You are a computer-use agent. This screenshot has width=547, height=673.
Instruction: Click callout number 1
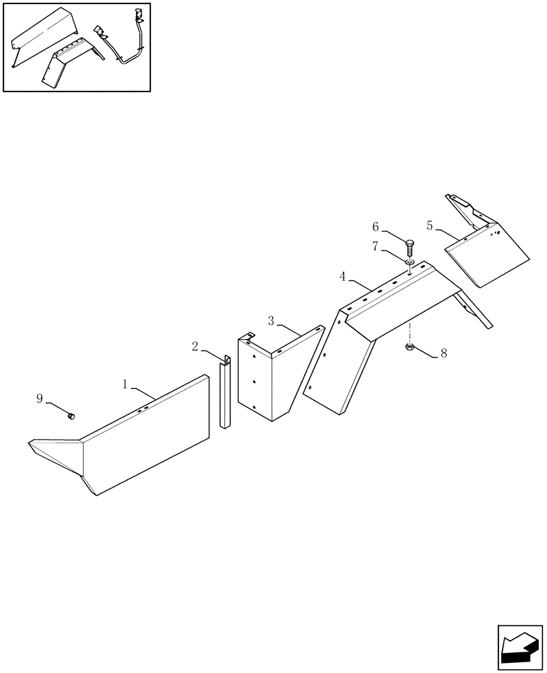click(125, 384)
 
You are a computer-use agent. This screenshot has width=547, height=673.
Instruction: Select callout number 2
click(195, 347)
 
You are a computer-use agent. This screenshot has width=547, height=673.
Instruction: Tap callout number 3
click(271, 321)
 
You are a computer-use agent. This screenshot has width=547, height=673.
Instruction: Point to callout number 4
click(343, 276)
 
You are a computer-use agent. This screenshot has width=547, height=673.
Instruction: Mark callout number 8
click(443, 352)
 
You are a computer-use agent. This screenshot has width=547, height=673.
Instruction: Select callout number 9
click(40, 398)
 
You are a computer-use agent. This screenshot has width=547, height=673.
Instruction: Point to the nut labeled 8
click(410, 348)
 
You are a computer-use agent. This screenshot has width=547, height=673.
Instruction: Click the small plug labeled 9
click(70, 417)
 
